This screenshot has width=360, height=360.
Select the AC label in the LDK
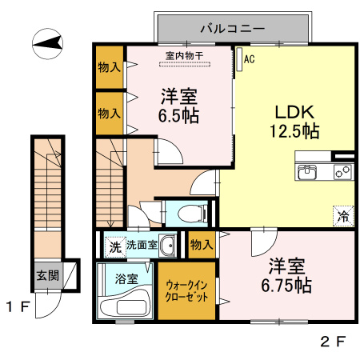(249, 58)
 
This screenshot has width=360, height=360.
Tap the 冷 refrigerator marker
(342, 215)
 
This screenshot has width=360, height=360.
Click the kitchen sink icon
(308, 171)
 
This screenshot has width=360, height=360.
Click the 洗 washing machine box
(114, 246)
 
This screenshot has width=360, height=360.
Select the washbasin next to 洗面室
(167, 246)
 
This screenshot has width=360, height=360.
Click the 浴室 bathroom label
(126, 280)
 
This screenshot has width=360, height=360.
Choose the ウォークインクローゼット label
(187, 290)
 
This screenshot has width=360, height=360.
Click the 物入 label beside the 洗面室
(202, 244)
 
